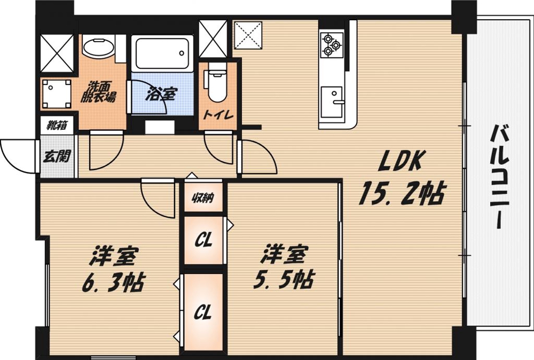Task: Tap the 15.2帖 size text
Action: coord(401,193)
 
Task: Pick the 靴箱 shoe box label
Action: coord(56,126)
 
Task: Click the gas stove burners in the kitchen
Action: coord(331,44)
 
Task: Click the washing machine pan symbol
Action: coord(57,93)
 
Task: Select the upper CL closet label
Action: coord(203,240)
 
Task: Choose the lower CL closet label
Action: coord(202,311)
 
